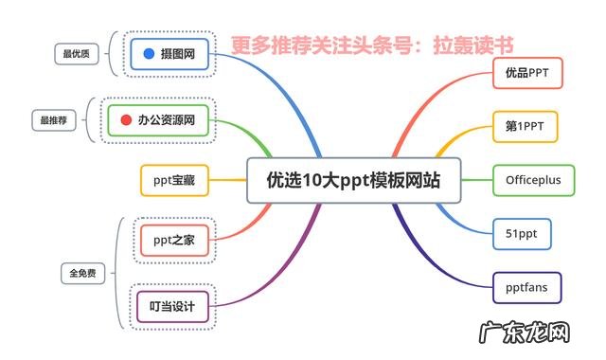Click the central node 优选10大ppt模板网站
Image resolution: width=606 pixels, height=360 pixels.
(x=353, y=179)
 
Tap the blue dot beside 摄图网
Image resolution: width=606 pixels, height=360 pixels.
(x=149, y=55)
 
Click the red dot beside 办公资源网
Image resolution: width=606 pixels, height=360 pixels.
(x=126, y=120)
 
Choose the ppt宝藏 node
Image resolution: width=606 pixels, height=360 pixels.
(x=173, y=179)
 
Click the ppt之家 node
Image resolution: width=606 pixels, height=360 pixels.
(x=173, y=239)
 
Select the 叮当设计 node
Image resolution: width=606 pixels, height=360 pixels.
(x=171, y=306)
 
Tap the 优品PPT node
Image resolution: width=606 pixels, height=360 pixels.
(x=527, y=72)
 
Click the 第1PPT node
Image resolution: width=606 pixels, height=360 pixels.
(x=526, y=125)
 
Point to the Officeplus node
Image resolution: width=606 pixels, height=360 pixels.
(x=533, y=179)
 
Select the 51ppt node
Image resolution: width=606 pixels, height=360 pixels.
(x=522, y=233)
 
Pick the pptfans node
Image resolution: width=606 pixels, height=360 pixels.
(x=526, y=286)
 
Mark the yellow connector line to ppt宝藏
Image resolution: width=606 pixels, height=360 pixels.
(x=227, y=179)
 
